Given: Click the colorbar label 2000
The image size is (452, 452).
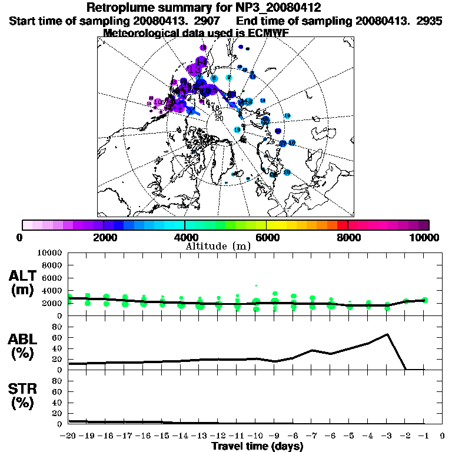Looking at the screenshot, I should click(104, 237).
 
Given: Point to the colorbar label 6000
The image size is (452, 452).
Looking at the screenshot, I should click(267, 237).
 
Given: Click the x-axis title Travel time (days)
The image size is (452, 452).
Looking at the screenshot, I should click(257, 446).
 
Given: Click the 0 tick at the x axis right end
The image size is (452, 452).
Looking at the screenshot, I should click(443, 436).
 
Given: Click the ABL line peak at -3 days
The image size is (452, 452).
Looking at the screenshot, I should click(387, 334).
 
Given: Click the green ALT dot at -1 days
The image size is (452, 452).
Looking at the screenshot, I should click(425, 300).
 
